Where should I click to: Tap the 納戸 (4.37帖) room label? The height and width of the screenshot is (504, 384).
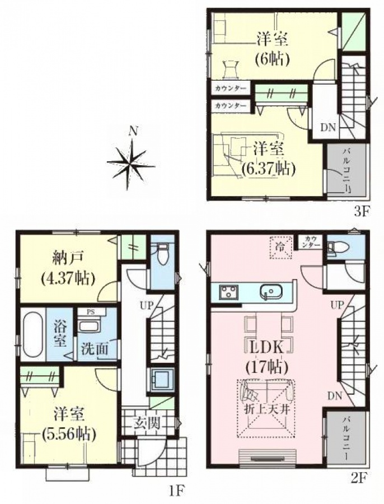pyautogui.click(x=68, y=268)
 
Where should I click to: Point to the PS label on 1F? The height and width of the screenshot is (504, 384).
pyautogui.click(x=91, y=312)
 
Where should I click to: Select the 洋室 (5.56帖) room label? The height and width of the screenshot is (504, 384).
pyautogui.click(x=69, y=424)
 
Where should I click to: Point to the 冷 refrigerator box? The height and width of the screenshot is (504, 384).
pyautogui.click(x=280, y=248)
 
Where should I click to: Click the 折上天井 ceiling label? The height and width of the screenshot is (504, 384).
pyautogui.click(x=265, y=410)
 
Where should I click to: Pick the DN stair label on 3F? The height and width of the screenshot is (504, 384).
pyautogui.click(x=328, y=127)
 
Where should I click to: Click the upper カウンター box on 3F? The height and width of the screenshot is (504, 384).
pyautogui.click(x=231, y=88)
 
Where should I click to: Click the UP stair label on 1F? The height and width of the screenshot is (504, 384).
pyautogui.click(x=146, y=305)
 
